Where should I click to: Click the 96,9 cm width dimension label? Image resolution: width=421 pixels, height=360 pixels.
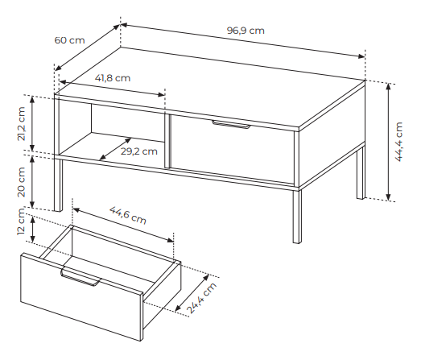246,31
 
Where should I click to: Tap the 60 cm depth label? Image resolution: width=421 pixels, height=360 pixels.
69,40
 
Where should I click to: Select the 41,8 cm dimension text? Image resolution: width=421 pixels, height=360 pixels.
113,78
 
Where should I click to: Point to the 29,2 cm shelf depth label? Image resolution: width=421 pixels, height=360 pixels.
138,151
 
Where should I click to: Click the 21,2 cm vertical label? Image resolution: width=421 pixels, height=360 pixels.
21,124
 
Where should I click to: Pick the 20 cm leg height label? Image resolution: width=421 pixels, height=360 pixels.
21,182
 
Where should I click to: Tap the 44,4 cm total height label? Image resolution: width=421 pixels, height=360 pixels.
399,142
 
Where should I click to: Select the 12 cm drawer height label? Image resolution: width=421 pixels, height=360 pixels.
21,221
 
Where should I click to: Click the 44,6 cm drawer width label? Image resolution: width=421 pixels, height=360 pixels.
128,215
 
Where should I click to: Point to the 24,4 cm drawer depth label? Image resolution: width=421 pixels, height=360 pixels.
201,298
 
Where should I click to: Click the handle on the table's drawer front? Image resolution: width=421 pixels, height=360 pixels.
231,124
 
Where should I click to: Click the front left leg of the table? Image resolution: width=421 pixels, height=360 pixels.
58,184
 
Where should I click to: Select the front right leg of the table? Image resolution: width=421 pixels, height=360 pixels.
297,217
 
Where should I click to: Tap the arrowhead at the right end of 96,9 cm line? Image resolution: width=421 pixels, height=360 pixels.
361,56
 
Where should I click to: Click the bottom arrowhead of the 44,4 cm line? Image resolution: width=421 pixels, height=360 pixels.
388,197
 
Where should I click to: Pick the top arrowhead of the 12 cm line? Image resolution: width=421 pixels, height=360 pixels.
33,220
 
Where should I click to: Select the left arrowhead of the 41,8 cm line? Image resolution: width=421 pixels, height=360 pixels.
62,81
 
